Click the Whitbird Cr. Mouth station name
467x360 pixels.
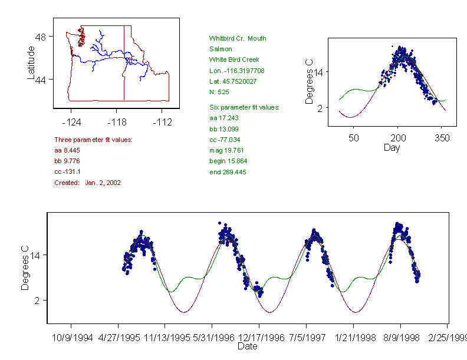[x=237, y=38]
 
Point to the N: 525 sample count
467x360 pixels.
[x=219, y=92]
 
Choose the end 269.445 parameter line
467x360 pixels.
[x=228, y=172]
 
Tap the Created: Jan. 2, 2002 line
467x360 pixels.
[x=87, y=183]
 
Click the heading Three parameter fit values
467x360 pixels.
[x=93, y=140]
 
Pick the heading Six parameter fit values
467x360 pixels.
[x=244, y=107]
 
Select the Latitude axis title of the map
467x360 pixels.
[x=31, y=62]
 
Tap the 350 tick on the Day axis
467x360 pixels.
[x=442, y=138]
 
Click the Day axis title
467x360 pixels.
[x=392, y=147]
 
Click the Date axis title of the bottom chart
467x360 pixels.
[x=248, y=346]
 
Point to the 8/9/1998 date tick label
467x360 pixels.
[x=400, y=338]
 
